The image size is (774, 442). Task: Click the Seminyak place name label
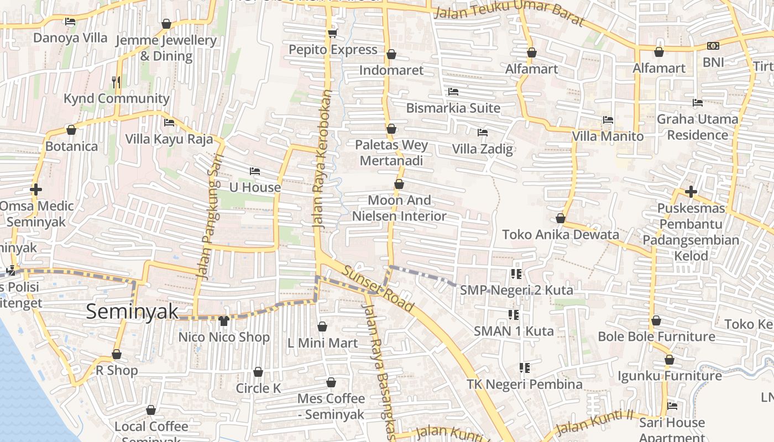pos(133,312)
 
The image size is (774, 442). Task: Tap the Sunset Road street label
pos(378,288)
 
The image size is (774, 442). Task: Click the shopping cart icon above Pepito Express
pos(332,33)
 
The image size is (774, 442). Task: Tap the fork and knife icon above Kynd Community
pos(116,82)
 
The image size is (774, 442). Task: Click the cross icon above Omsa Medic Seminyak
pos(36,190)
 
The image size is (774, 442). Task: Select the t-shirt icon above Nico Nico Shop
pos(224,320)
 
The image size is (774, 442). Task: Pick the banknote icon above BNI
pos(713,46)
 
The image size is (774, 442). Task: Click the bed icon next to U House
pos(255,171)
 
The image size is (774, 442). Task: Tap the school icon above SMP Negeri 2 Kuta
pos(516,273)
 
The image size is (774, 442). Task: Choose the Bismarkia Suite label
pos(453,108)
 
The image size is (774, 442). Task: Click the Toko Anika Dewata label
pos(561,234)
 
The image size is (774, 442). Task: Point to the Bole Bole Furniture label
pos(656,336)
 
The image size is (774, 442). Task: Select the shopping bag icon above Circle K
pos(258,372)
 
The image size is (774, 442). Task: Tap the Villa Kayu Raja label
pos(169,139)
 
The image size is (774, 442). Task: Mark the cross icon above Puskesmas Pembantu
pos(691,192)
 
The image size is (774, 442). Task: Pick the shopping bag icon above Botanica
pos(71,130)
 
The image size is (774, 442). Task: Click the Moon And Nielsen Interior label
pos(399,208)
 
